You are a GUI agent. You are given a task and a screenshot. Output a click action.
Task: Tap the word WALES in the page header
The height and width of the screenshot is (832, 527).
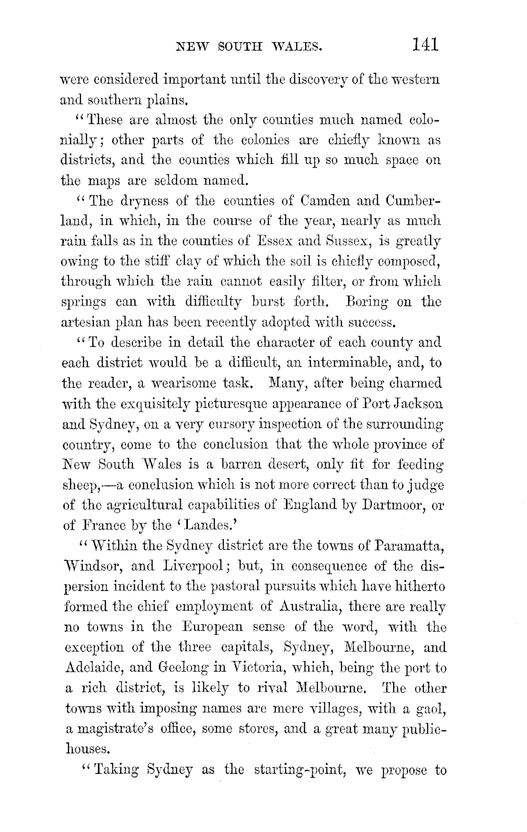pyautogui.click(x=298, y=46)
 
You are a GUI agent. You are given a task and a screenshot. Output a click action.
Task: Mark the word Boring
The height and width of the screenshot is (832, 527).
pyautogui.click(x=365, y=302)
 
